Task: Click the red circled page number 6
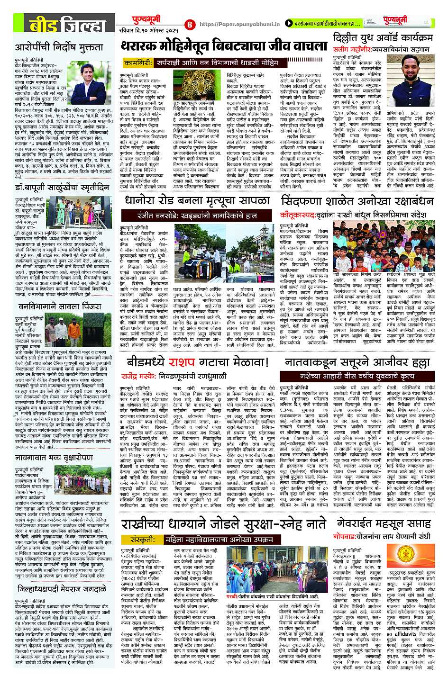coord(190,24)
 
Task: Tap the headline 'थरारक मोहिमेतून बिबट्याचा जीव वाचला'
coord(223,46)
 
